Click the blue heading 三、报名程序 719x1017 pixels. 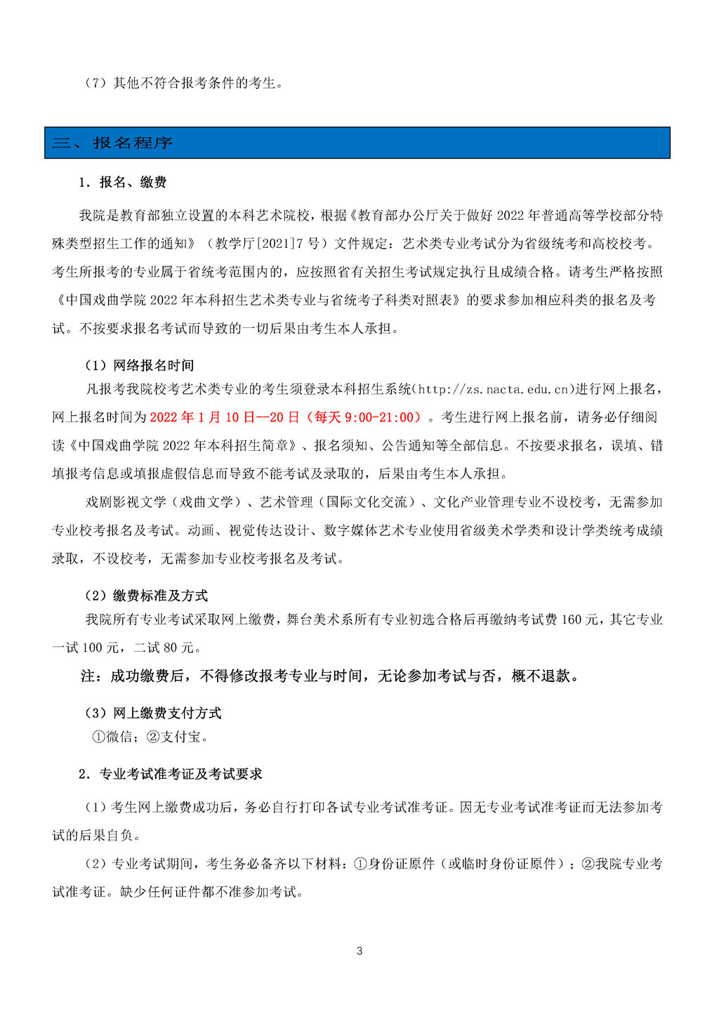point(112,143)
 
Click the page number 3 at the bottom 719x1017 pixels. point(359,951)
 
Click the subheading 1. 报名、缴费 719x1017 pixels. point(123,182)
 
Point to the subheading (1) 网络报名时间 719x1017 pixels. point(139,365)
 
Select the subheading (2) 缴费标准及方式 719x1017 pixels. point(146,596)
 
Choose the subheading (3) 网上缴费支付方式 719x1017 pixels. point(153,713)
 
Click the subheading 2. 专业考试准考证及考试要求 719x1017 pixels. point(171,773)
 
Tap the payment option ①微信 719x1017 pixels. point(112,737)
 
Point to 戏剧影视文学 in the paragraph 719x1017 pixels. point(126,501)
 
